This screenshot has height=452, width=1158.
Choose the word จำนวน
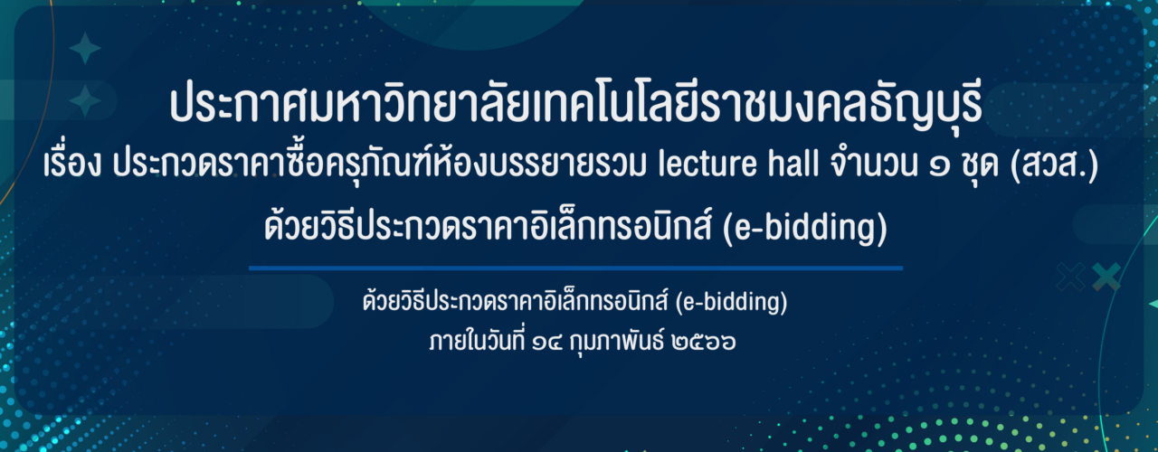pos(874,165)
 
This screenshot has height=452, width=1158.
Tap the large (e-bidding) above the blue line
pos(804,229)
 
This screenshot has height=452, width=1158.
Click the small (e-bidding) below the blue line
pos(731,303)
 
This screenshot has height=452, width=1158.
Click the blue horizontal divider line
pos(575,268)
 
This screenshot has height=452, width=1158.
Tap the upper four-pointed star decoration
pos(85,48)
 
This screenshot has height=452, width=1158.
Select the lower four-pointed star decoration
pos(85,100)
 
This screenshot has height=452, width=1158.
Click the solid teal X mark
pos(1106,277)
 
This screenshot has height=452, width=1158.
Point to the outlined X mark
pos(1070,277)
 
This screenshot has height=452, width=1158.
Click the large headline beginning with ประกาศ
pos(575,105)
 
